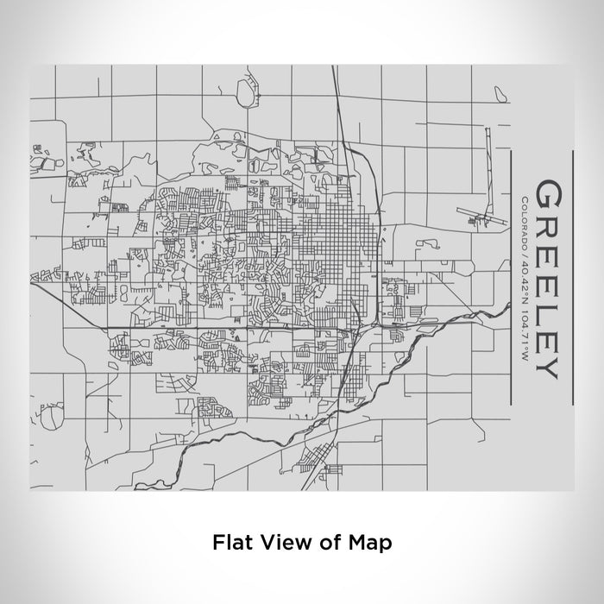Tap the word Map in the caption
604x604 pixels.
coord(372,543)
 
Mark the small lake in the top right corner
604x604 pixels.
coord(500,91)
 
